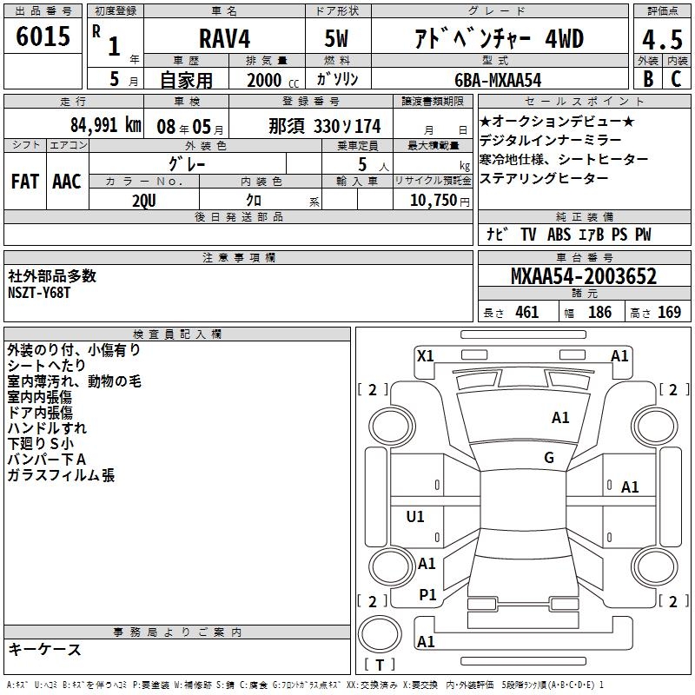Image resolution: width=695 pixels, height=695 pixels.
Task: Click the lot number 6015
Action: [43, 36]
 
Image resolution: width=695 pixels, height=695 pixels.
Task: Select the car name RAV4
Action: [224, 38]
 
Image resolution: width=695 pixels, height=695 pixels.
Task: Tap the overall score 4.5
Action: [662, 39]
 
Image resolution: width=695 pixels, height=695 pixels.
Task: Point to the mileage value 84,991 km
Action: [106, 125]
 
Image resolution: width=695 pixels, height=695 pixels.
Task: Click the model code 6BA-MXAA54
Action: [498, 80]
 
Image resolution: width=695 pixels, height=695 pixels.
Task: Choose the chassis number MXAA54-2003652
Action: [584, 276]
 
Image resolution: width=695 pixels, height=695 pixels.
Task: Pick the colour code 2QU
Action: [144, 201]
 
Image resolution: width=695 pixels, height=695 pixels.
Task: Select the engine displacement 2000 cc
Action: [273, 81]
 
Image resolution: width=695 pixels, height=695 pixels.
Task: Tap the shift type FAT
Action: [25, 182]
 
